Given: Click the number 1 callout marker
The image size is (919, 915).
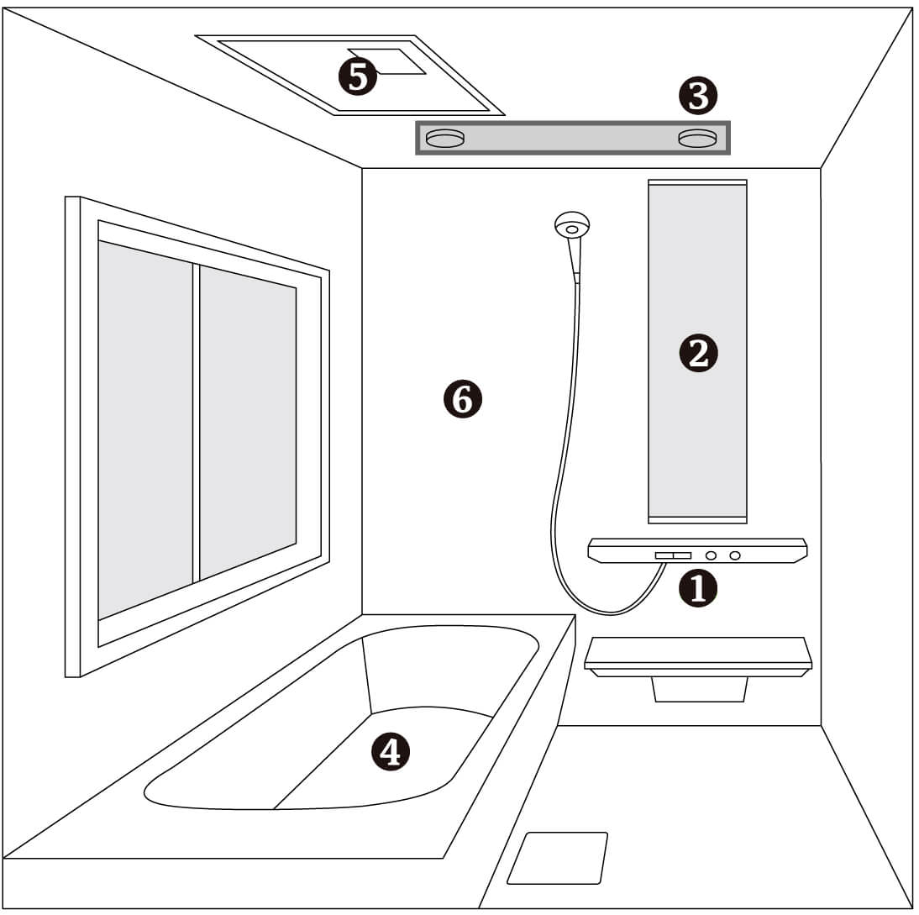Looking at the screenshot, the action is [x=697, y=588].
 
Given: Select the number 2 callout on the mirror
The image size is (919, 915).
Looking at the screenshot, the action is [x=698, y=354].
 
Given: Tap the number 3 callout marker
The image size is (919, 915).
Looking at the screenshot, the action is [x=698, y=96].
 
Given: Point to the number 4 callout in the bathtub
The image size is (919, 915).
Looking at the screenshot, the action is [x=391, y=751].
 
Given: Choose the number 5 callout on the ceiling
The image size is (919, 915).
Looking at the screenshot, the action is [x=358, y=76].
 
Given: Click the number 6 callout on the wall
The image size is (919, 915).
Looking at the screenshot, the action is [x=462, y=399].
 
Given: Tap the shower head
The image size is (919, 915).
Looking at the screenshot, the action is [x=571, y=225].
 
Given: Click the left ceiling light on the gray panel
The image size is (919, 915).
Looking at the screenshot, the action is [x=445, y=139].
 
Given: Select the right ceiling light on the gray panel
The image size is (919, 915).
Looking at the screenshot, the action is [x=697, y=138].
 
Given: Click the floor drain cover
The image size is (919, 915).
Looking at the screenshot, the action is [x=558, y=858].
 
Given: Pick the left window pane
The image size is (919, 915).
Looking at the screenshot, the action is [x=145, y=429].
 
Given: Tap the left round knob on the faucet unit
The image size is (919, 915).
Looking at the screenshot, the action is [x=711, y=555].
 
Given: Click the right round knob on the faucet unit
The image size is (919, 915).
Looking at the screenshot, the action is [x=734, y=555].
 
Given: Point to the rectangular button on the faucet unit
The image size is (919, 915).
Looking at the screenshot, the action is [x=674, y=555].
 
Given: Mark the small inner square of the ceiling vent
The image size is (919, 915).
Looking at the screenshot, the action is [x=386, y=61].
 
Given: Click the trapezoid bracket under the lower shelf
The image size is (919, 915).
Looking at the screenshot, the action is [x=700, y=689].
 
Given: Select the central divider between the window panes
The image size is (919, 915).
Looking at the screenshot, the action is [x=197, y=423].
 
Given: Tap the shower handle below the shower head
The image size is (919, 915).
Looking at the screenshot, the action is [x=575, y=260].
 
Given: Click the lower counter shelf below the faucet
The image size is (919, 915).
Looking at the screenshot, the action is [x=698, y=657].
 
